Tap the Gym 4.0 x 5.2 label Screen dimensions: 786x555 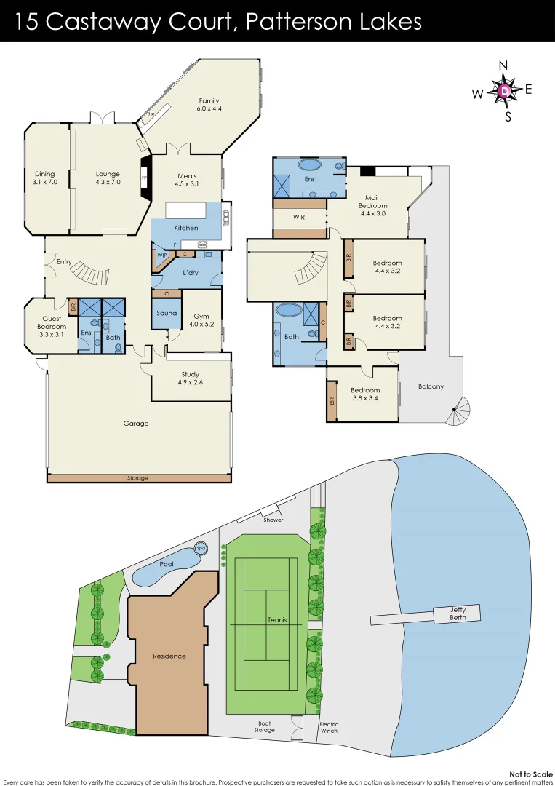click(201, 320)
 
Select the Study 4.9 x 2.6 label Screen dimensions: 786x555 click(191, 378)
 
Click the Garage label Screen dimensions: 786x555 click(135, 424)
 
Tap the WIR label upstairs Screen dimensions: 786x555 click(298, 217)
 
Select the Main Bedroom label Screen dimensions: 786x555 click(372, 202)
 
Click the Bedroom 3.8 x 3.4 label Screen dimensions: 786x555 click(363, 394)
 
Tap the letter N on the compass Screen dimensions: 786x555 click(503, 66)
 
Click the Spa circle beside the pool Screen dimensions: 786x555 click(201, 548)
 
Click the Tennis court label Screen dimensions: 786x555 click(276, 620)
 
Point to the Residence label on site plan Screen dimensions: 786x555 click(169, 656)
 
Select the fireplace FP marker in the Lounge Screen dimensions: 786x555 click(144, 176)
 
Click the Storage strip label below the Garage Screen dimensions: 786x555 click(137, 478)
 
